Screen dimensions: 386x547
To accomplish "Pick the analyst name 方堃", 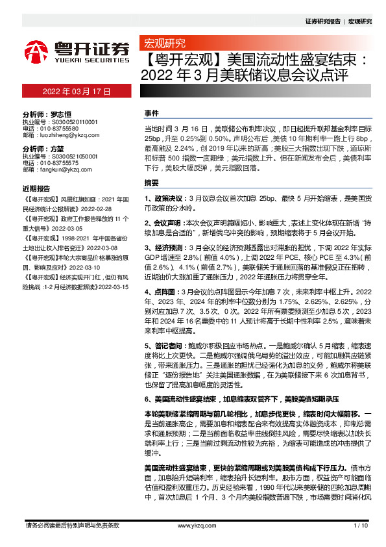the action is (x=58, y=149).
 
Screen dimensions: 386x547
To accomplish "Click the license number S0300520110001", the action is (x=69, y=120).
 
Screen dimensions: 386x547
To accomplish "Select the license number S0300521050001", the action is (x=69, y=157).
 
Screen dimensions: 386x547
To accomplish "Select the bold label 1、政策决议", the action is (x=164, y=196).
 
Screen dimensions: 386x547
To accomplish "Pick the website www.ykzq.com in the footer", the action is (x=192, y=526).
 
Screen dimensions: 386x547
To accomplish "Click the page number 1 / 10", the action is (x=361, y=526).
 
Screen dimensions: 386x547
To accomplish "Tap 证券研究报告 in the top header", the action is (x=322, y=21).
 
